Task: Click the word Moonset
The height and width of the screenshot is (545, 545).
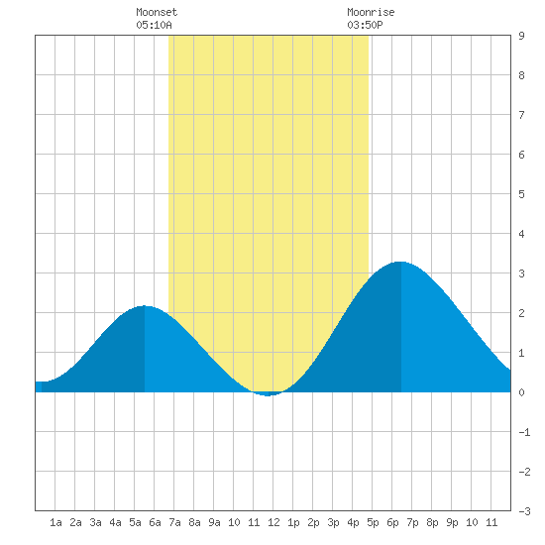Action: [x=157, y=12]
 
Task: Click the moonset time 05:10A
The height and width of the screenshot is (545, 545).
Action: [x=154, y=25]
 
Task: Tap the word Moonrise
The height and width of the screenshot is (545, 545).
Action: [x=371, y=12]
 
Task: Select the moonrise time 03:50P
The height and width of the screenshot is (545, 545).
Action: [x=365, y=25]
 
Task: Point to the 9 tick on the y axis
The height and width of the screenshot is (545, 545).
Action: [x=521, y=36]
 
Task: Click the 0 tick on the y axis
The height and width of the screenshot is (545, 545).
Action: [x=521, y=392]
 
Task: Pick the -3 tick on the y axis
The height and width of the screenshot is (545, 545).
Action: [x=524, y=511]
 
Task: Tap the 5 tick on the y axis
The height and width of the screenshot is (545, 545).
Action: [x=521, y=194]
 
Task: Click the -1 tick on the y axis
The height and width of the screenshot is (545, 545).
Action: [x=524, y=432]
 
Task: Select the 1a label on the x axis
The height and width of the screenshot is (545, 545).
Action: [x=55, y=522]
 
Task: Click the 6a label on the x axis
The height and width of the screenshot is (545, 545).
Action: [x=155, y=522]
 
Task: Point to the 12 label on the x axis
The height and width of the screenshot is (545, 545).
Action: [x=273, y=522]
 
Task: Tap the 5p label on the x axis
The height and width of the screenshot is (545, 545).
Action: [x=373, y=522]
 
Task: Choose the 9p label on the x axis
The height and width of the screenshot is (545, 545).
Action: [x=452, y=522]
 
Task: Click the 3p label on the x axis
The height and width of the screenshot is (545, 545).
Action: [x=333, y=522]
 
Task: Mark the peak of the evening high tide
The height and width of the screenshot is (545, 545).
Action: [x=400, y=262]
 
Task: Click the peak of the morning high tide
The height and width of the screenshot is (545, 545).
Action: [x=145, y=306]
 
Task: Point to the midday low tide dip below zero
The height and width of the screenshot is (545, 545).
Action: [x=268, y=394]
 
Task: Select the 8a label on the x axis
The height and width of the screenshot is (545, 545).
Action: [x=194, y=522]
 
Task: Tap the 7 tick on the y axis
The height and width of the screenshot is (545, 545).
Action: [x=521, y=115]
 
